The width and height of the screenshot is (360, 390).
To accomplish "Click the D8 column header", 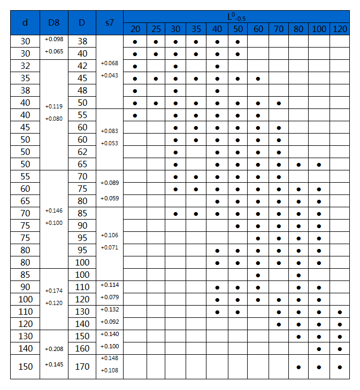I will point(53,22).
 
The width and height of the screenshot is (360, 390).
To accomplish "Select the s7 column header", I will point(109,22).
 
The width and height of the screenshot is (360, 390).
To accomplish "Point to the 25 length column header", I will point(155,29).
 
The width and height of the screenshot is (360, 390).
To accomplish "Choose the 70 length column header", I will point(278,29).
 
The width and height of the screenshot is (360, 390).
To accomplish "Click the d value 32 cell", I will point(25,66).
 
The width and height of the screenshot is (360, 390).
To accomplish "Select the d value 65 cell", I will point(25,201).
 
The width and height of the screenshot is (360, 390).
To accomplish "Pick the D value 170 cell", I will point(82,366).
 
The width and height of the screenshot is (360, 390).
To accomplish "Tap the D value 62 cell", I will point(82,152).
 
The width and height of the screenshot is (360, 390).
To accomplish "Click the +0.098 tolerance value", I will point(53,40).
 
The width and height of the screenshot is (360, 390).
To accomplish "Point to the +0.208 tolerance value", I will point(53,349).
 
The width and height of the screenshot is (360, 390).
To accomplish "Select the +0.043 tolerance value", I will point(109,75).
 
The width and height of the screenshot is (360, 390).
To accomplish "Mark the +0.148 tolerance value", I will point(109,358).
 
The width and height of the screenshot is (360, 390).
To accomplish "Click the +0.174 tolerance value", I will point(53,291).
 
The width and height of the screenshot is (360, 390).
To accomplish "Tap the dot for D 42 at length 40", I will point(217,66).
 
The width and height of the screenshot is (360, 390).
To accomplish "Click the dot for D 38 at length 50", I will point(238,42).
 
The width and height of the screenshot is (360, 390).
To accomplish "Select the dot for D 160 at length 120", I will point(340,349).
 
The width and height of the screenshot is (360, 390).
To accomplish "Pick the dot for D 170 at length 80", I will point(298,367).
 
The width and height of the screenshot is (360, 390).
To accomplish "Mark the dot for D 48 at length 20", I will point(135,91).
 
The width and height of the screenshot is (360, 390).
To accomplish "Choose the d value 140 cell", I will point(25,348).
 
